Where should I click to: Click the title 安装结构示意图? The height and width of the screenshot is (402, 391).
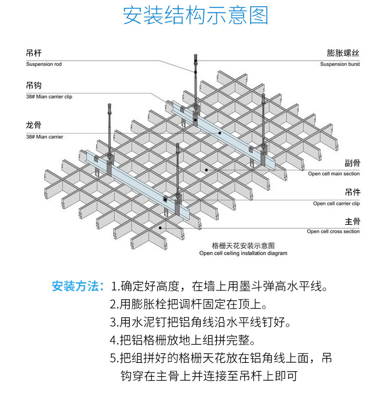(195, 16)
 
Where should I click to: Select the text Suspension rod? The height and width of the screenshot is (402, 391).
(44, 64)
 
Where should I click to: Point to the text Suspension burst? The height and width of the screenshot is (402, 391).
(340, 64)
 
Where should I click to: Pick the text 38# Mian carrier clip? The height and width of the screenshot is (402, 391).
(52, 96)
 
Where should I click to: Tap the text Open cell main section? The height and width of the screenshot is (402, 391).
(334, 174)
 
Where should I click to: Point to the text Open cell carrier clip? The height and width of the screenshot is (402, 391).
(336, 203)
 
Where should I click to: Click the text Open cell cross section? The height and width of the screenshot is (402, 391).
(333, 231)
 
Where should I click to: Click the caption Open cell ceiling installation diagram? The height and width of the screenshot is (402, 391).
(243, 253)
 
